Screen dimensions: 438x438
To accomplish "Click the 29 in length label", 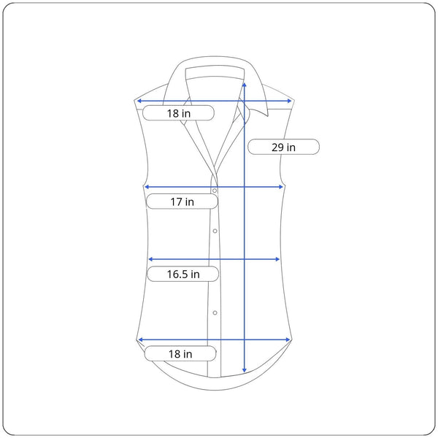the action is (283, 147).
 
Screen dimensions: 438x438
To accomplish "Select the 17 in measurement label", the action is (182, 201).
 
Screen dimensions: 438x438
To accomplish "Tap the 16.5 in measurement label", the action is (183, 274).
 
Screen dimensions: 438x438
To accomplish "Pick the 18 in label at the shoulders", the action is (179, 113).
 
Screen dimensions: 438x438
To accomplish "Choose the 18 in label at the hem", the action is (180, 353).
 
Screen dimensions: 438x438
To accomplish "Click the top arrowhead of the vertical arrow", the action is (245, 85).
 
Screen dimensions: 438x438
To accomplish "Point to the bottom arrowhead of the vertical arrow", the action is (245, 370).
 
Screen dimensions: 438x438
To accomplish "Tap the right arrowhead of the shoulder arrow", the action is (289, 101).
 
